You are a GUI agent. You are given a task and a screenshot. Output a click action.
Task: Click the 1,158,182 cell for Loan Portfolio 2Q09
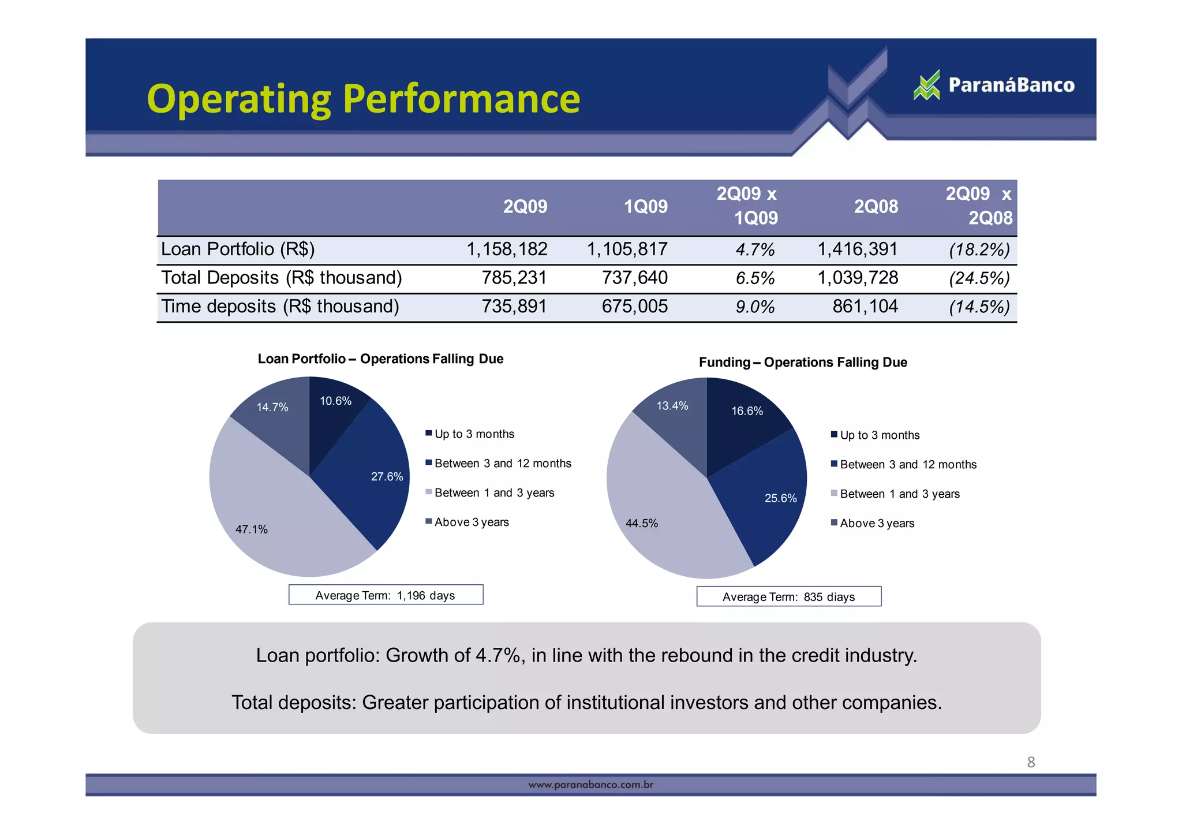coord(507,249)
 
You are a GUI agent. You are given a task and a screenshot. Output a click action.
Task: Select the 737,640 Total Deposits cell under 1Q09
coord(634,278)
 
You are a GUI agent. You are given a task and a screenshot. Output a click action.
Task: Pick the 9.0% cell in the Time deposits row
coord(754,307)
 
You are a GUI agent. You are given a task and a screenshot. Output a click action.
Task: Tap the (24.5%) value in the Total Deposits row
coord(979,278)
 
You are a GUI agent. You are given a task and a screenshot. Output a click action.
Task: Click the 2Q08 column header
coord(876,207)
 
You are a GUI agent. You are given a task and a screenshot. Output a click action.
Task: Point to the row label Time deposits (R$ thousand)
coord(280,307)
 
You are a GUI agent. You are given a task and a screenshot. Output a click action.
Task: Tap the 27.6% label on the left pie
coord(387,477)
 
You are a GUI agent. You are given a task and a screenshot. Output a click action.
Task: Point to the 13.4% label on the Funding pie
coord(672,406)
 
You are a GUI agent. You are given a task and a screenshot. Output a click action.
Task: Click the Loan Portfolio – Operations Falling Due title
coord(380,359)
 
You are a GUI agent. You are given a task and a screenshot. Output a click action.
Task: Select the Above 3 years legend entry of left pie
coord(471,522)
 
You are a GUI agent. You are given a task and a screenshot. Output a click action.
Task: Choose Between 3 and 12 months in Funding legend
coord(907,465)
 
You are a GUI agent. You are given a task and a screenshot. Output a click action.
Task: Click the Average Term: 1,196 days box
coord(386,595)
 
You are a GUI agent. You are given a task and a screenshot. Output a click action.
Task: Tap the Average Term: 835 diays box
coord(788,597)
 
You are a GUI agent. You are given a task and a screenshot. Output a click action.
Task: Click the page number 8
coord(1031,762)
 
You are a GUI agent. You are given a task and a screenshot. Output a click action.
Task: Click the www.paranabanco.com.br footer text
coord(590,785)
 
